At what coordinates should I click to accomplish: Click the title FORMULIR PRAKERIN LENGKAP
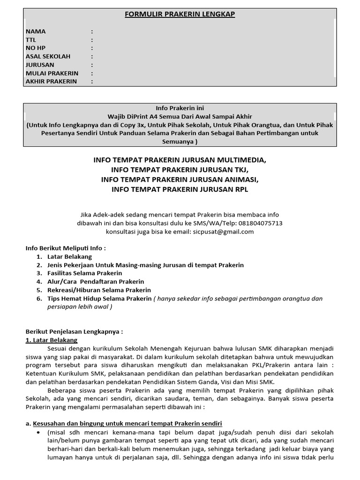pyautogui.click(x=180, y=14)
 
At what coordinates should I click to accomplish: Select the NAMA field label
pyautogui.click(x=36, y=31)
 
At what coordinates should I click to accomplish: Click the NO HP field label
pyautogui.click(x=34, y=48)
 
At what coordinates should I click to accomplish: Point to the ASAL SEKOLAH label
pyautogui.click(x=48, y=57)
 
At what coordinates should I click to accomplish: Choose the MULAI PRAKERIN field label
pyautogui.click(x=52, y=73)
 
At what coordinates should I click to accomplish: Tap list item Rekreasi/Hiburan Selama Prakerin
pyautogui.click(x=99, y=290)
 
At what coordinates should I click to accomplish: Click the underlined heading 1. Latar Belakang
pyautogui.click(x=52, y=340)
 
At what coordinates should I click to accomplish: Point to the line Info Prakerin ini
pyautogui.click(x=180, y=108)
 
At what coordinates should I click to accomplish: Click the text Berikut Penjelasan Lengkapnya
pyautogui.click(x=74, y=331)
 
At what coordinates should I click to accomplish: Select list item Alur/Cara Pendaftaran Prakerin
pyautogui.click(x=96, y=282)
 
